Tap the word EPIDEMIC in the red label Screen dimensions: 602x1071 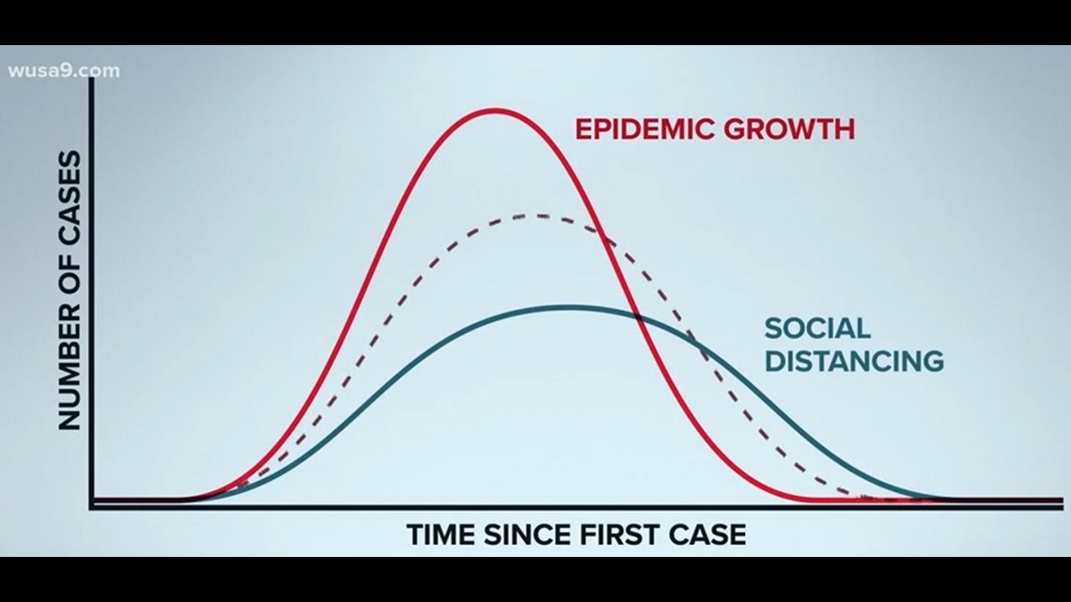point(643,129)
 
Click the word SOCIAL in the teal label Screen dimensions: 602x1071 point(816,329)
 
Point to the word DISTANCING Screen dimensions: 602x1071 point(853,361)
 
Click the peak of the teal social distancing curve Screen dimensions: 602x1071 point(566,306)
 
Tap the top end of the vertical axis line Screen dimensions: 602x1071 point(91,80)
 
